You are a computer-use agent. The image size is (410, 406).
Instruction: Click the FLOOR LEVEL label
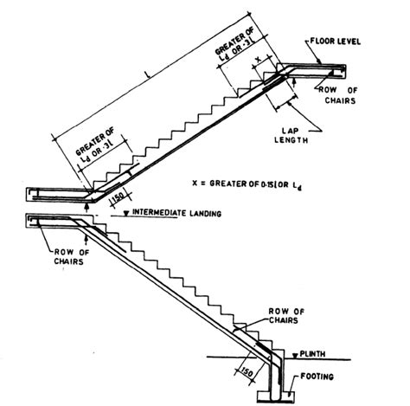[x=336, y=42]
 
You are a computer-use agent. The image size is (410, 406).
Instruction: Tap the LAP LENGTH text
[x=291, y=136]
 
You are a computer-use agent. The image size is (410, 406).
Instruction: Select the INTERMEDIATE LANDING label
[x=176, y=213]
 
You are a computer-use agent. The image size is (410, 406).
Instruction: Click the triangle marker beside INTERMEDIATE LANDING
[x=125, y=214]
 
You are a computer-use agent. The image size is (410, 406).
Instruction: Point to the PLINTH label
[x=312, y=354]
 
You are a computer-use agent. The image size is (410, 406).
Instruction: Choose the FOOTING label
[x=317, y=377]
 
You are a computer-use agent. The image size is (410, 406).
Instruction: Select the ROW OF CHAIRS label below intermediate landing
[x=72, y=257]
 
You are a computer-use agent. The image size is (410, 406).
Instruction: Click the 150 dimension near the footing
[x=247, y=372]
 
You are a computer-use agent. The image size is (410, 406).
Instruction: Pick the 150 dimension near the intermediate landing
[x=118, y=197]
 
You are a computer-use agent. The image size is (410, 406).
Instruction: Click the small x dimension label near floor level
[x=259, y=60]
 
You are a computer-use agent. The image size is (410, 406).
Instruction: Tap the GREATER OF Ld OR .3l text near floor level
[x=235, y=44]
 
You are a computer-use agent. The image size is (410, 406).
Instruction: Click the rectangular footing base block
[x=276, y=396]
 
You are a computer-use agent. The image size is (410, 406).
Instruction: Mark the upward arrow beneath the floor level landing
[x=294, y=83]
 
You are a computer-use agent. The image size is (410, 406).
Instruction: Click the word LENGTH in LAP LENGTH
[x=291, y=140]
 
